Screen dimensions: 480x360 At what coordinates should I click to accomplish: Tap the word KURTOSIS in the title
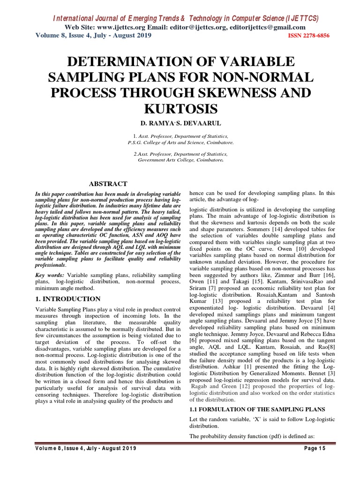coord(180,109)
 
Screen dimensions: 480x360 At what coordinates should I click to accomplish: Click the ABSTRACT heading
coord(108,184)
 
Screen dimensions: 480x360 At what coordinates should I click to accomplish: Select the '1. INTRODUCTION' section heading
coord(68,299)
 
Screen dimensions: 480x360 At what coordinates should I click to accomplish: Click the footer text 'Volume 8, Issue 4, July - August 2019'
coord(86,449)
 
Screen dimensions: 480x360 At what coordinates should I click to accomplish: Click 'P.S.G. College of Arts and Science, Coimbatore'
coord(180,142)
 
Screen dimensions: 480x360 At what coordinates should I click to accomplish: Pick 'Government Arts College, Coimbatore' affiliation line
coord(180,160)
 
